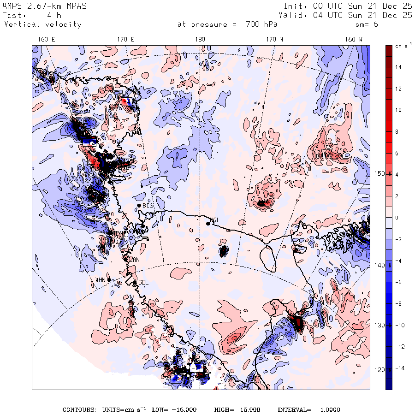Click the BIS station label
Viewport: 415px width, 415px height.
pyautogui.click(x=148, y=205)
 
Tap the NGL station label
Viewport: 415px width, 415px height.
pyautogui.click(x=215, y=220)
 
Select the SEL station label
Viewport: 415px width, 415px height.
pyautogui.click(x=143, y=282)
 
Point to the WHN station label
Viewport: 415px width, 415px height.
pyautogui.click(x=101, y=280)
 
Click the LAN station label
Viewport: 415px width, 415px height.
pyautogui.click(x=134, y=260)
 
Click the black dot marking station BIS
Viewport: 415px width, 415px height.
pyautogui.click(x=139, y=205)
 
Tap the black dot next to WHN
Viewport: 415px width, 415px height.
pyautogui.click(x=109, y=279)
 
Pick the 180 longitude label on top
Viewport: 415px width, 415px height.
pyautogui.click(x=200, y=40)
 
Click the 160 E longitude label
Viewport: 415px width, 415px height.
pyautogui.click(x=46, y=40)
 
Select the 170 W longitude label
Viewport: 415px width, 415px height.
pyautogui.click(x=274, y=40)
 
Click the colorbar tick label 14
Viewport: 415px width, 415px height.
pyautogui.click(x=398, y=67)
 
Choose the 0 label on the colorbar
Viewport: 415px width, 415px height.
pyautogui.click(x=397, y=218)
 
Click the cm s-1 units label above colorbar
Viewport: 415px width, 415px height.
pyautogui.click(x=403, y=46)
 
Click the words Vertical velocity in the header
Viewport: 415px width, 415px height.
pyautogui.click(x=43, y=24)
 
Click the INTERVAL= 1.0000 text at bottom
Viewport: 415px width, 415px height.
pyautogui.click(x=309, y=409)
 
